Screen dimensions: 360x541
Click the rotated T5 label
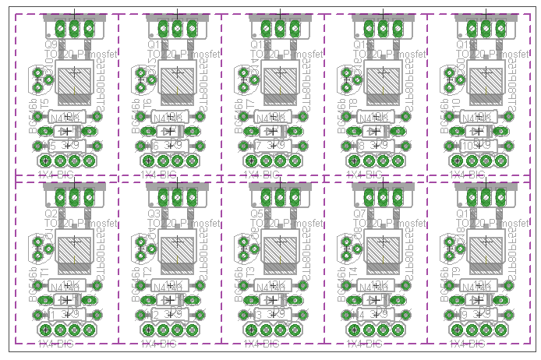point(45,101)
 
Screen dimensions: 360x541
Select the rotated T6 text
point(148,101)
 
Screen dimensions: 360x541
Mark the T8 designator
point(354,101)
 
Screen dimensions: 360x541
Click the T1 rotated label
point(45,269)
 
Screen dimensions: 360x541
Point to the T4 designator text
point(354,269)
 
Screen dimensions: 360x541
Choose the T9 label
point(457,269)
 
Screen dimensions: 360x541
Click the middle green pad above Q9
point(74,29)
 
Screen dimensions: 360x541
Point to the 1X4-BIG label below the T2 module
point(158,343)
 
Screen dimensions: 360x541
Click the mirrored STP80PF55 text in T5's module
point(104,90)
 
